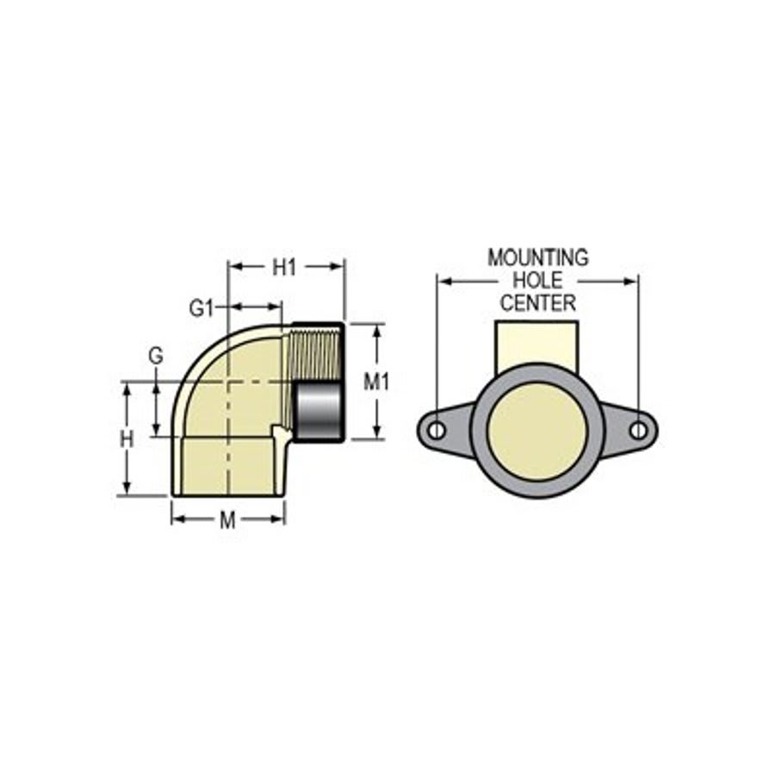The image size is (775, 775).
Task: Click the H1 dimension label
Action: (284, 268)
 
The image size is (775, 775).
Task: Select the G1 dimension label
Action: (201, 308)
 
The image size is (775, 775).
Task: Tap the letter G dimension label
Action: (155, 355)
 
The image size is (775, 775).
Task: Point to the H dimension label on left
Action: (127, 439)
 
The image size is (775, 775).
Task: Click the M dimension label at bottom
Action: (227, 519)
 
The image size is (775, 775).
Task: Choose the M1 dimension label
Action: (376, 381)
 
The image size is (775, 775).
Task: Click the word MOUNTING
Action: (538, 257)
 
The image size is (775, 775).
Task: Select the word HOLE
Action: (537, 280)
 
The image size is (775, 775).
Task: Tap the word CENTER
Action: (538, 302)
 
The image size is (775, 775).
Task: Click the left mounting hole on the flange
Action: (437, 430)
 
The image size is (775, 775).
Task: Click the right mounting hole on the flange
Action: (638, 430)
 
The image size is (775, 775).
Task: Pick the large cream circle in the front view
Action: (537, 431)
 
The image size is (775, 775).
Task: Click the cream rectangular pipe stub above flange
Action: (536, 342)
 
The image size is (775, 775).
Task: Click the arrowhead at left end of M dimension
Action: (177, 518)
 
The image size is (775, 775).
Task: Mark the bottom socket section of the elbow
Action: (228, 466)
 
